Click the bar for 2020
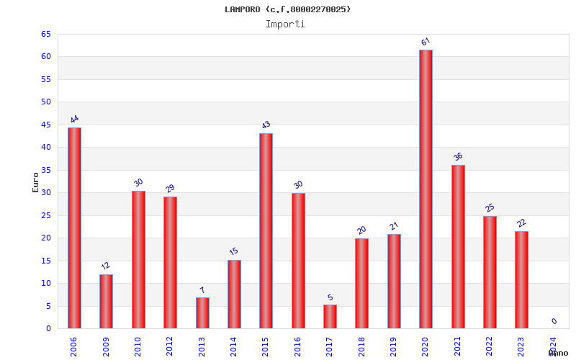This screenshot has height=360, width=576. click(426, 189)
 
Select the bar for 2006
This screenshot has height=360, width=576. click(74, 228)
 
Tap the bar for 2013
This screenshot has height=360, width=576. click(202, 312)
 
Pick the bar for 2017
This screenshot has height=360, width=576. click(330, 316)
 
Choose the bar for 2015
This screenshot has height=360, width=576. click(266, 230)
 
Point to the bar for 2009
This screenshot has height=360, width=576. click(106, 301)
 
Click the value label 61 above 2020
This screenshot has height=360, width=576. click(426, 42)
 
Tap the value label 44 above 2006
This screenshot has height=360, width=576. click(74, 120)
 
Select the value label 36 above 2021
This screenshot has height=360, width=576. click(458, 157)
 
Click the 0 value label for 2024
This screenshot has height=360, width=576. click(554, 321)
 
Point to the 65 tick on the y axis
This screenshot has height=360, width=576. click(46, 34)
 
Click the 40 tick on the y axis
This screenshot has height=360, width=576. click(46, 147)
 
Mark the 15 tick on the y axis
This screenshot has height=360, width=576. click(46, 261)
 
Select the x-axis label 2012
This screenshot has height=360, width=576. click(170, 346)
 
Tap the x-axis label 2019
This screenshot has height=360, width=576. click(394, 346)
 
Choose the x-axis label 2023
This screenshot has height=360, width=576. click(521, 346)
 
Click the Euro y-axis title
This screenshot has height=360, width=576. click(36, 182)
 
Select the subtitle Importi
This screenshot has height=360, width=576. click(285, 24)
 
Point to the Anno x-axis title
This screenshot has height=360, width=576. click(558, 353)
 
